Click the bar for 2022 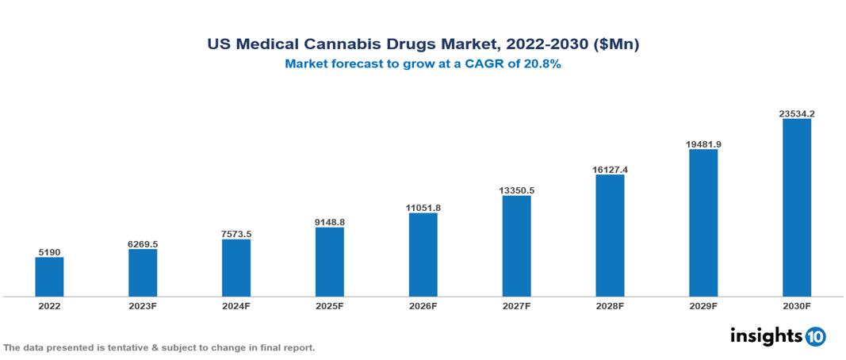49,277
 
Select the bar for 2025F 330,262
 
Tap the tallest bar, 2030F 797,208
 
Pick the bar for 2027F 516,246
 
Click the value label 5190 49,252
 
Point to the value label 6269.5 143,244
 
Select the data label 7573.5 236,234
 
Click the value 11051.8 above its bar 423,208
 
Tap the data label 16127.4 610,170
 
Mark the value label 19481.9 703,144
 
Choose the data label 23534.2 797,114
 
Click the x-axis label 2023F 143,305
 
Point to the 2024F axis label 236,305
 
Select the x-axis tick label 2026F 423,305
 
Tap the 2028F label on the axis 610,305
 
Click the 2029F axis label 703,305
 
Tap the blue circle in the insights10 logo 815,336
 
